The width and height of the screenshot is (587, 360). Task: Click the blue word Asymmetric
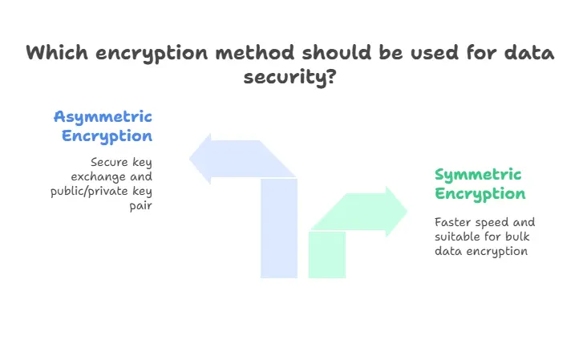[103, 116]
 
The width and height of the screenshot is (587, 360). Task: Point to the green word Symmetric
[478, 175]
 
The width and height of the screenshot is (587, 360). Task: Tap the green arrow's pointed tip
[406, 212]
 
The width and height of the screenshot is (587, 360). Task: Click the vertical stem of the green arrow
[327, 254]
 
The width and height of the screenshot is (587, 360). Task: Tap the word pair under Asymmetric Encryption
[141, 205]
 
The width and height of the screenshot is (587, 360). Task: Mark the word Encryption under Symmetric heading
[480, 194]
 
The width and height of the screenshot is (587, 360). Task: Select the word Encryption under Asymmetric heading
[107, 136]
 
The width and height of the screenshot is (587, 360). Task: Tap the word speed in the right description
[492, 222]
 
